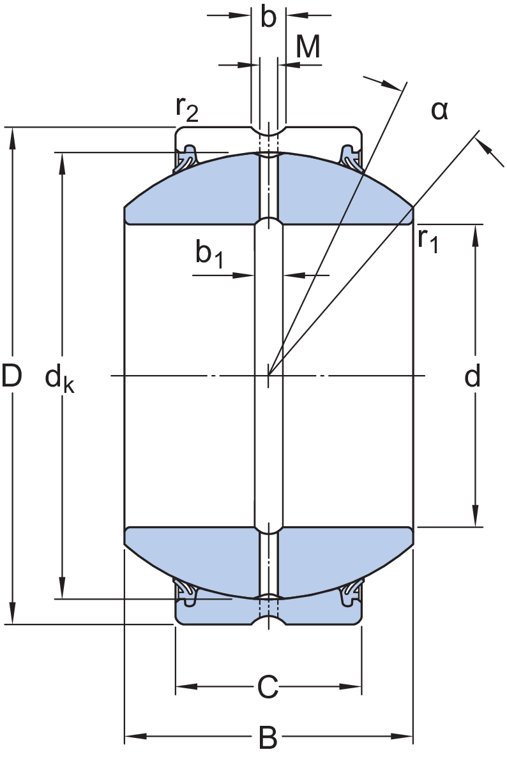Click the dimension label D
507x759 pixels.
click(12, 376)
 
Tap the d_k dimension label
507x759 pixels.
click(59, 379)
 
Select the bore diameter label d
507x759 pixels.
click(473, 378)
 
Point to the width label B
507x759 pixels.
click(268, 739)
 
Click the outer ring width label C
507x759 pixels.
click(268, 687)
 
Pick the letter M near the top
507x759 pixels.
click(308, 48)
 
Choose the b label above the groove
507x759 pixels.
click(269, 18)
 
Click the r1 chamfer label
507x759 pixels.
click(428, 240)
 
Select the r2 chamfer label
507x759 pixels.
click(187, 110)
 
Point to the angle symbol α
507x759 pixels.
click(439, 111)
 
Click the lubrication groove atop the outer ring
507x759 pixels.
click(268, 131)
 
